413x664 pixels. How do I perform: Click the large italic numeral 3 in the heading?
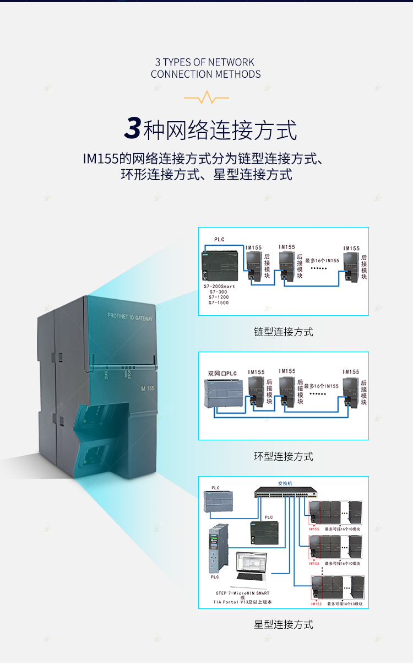click(133, 128)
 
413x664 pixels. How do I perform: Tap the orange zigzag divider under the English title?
click(206, 99)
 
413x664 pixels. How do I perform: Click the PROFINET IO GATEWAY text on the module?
click(130, 317)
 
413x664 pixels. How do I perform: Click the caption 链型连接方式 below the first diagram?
click(284, 332)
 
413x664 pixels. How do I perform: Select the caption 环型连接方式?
click(284, 456)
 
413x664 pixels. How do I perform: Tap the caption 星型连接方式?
click(284, 624)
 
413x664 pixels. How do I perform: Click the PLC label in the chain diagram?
click(219, 239)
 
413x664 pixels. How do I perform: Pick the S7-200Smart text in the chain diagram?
click(219, 287)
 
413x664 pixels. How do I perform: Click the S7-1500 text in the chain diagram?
click(219, 303)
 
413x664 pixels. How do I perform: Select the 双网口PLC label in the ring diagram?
click(222, 373)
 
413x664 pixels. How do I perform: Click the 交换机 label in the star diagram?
click(285, 483)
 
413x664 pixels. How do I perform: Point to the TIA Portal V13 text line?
click(243, 602)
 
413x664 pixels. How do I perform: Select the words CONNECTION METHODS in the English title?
click(206, 74)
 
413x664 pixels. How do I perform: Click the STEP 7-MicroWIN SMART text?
click(243, 593)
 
